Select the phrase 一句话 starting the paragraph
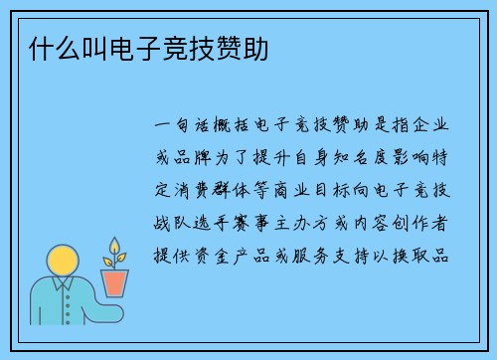181,128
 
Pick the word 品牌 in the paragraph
192,160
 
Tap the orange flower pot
116,283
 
